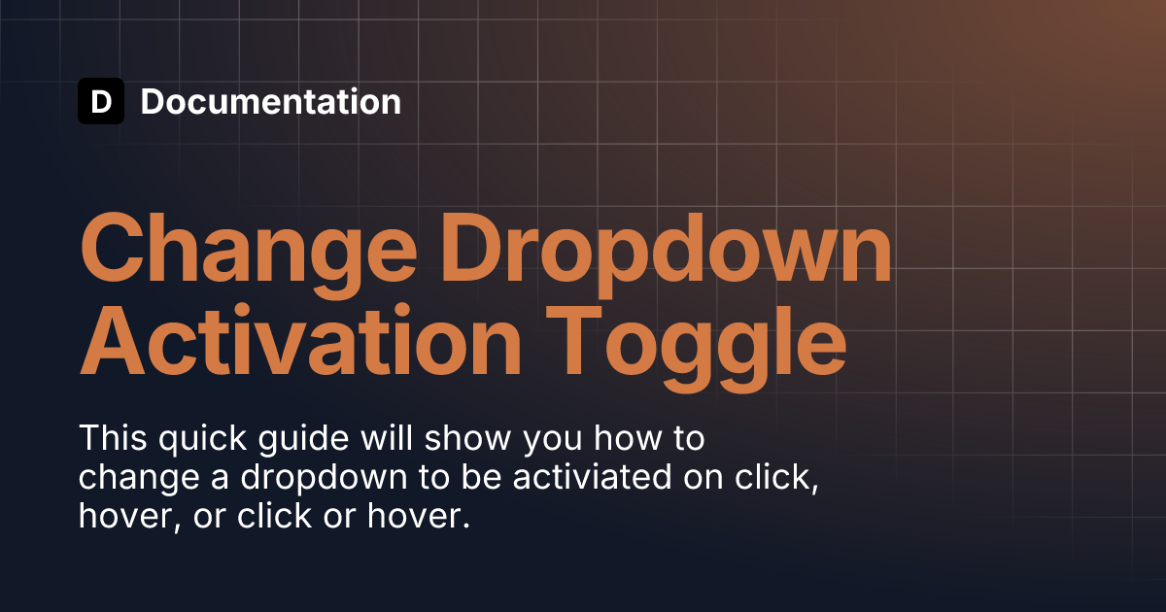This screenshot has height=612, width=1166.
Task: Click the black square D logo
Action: [101, 101]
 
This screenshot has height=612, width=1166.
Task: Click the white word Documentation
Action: [271, 101]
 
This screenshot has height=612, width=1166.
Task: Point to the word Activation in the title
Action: [301, 340]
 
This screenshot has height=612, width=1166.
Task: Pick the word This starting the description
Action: [113, 438]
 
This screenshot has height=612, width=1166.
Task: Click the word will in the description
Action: [387, 438]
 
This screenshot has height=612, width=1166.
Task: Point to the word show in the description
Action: [468, 438]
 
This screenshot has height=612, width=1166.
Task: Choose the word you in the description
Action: [552, 442]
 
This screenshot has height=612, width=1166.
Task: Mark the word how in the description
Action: [628, 438]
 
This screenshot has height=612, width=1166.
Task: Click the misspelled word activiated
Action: [593, 477]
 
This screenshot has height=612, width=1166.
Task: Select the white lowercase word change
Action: [139, 479]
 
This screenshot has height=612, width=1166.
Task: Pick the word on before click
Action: [703, 480]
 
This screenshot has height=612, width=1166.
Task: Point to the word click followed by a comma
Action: [776, 478]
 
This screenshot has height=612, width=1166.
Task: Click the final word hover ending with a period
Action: [419, 515]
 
